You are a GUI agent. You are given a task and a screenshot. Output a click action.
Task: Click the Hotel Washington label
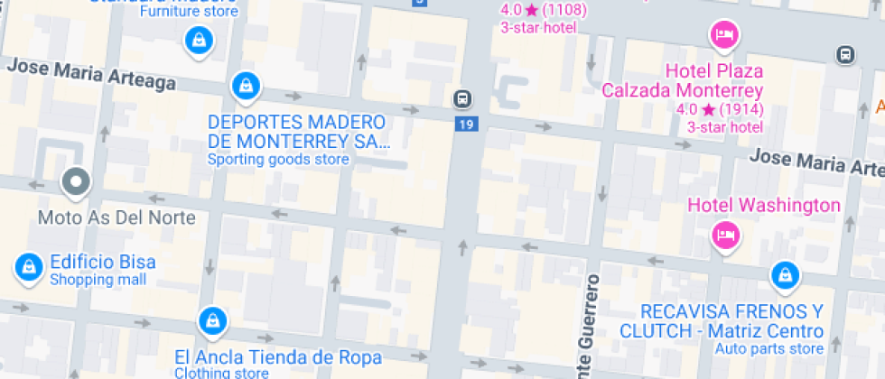pyautogui.click(x=764, y=205)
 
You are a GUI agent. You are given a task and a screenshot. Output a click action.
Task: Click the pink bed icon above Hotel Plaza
pyautogui.click(x=724, y=36)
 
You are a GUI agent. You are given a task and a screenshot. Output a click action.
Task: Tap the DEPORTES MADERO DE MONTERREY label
pyautogui.click(x=297, y=132)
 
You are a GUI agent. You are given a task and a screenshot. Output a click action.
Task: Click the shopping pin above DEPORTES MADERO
pyautogui.click(x=245, y=87)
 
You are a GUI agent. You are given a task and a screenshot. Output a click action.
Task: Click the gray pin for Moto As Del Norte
pyautogui.click(x=76, y=182)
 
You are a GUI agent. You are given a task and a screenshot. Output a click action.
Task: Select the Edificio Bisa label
pyautogui.click(x=102, y=263)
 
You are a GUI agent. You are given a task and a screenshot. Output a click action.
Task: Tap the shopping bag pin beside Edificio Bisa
pyautogui.click(x=29, y=266)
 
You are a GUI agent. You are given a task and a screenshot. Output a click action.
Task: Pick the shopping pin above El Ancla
pyautogui.click(x=212, y=319)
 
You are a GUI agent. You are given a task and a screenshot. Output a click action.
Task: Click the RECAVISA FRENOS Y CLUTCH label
pyautogui.click(x=721, y=320)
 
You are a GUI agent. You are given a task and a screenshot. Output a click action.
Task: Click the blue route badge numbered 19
pyautogui.click(x=465, y=124)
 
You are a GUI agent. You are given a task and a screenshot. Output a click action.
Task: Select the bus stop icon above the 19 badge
pyautogui.click(x=461, y=97)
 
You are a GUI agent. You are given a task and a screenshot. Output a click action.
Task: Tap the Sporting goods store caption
pyautogui.click(x=278, y=160)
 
